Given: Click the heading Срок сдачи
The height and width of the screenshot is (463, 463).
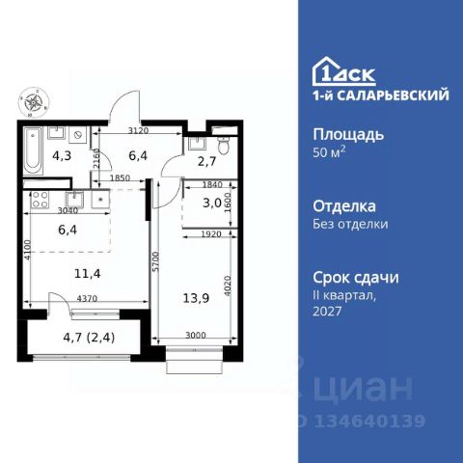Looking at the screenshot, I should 357,276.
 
